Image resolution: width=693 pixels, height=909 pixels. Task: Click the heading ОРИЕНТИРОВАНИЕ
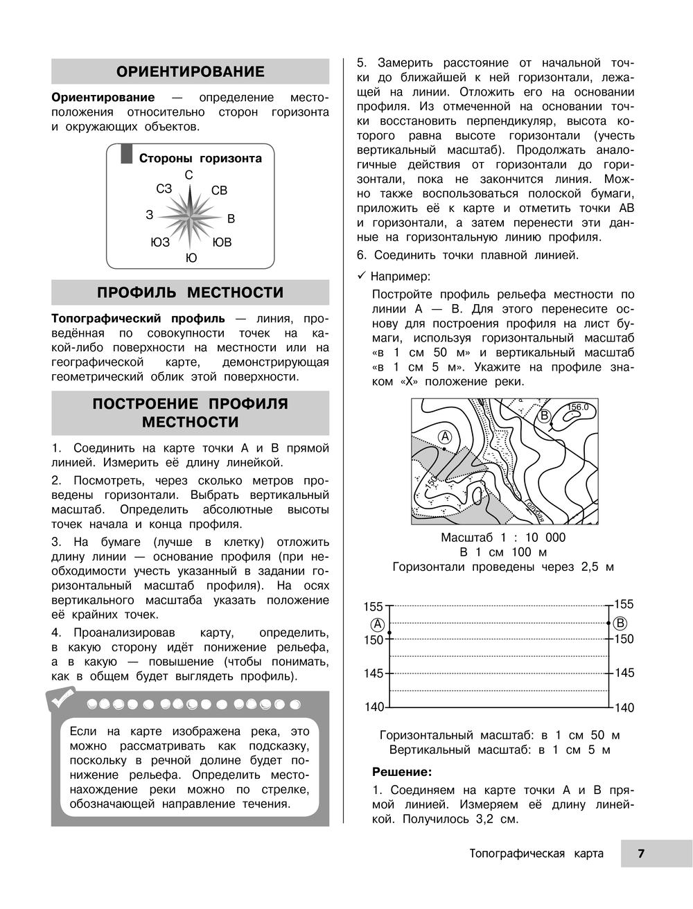coord(190,71)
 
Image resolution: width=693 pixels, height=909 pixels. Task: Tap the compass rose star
coord(189,216)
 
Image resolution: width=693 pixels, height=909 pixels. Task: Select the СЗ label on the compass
coord(164,188)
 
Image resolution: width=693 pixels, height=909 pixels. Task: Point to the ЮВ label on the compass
coord(222,242)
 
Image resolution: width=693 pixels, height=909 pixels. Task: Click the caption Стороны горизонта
coord(200,158)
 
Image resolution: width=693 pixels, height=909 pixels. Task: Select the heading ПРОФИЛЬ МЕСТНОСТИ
coord(190,292)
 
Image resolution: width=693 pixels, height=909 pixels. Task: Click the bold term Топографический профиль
coord(138,319)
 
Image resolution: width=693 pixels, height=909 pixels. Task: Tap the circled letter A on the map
coord(445,436)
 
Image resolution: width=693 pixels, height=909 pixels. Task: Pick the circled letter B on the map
coord(545,416)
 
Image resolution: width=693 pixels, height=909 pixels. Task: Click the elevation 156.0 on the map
coord(577,407)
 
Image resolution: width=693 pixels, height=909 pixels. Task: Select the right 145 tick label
coord(624,673)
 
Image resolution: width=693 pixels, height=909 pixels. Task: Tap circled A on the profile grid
coord(378,623)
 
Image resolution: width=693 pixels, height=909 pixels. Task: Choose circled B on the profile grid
coord(620,623)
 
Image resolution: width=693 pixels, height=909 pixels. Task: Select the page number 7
coord(641,854)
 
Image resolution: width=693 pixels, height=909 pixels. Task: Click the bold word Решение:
coord(402,772)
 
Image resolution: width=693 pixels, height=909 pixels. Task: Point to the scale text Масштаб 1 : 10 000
coord(503,538)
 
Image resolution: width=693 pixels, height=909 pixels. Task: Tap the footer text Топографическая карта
coord(536,854)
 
